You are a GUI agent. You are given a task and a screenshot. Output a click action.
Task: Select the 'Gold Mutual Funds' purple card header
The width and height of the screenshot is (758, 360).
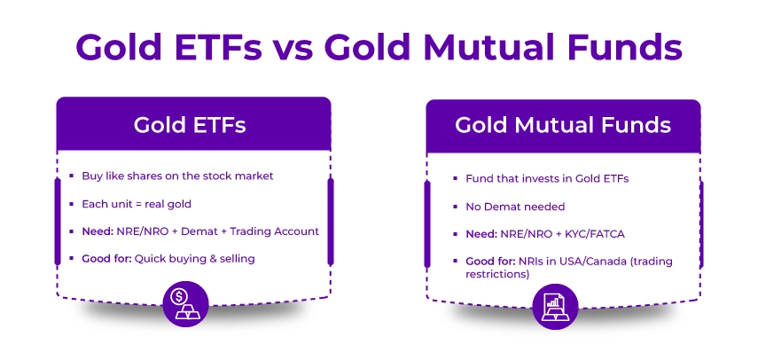tap(563, 125)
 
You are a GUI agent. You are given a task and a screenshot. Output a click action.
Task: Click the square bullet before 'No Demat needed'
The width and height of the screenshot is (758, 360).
tap(452, 207)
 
